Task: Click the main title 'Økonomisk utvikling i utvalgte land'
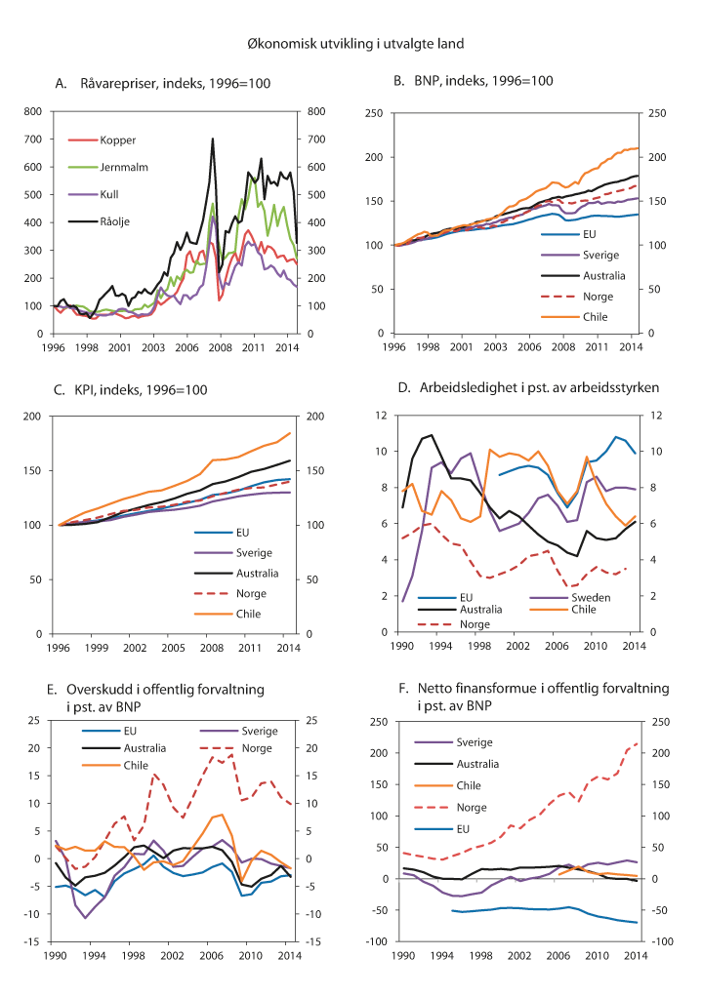(x=351, y=43)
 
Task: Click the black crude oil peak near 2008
(x=213, y=140)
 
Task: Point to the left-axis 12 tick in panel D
(x=381, y=417)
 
